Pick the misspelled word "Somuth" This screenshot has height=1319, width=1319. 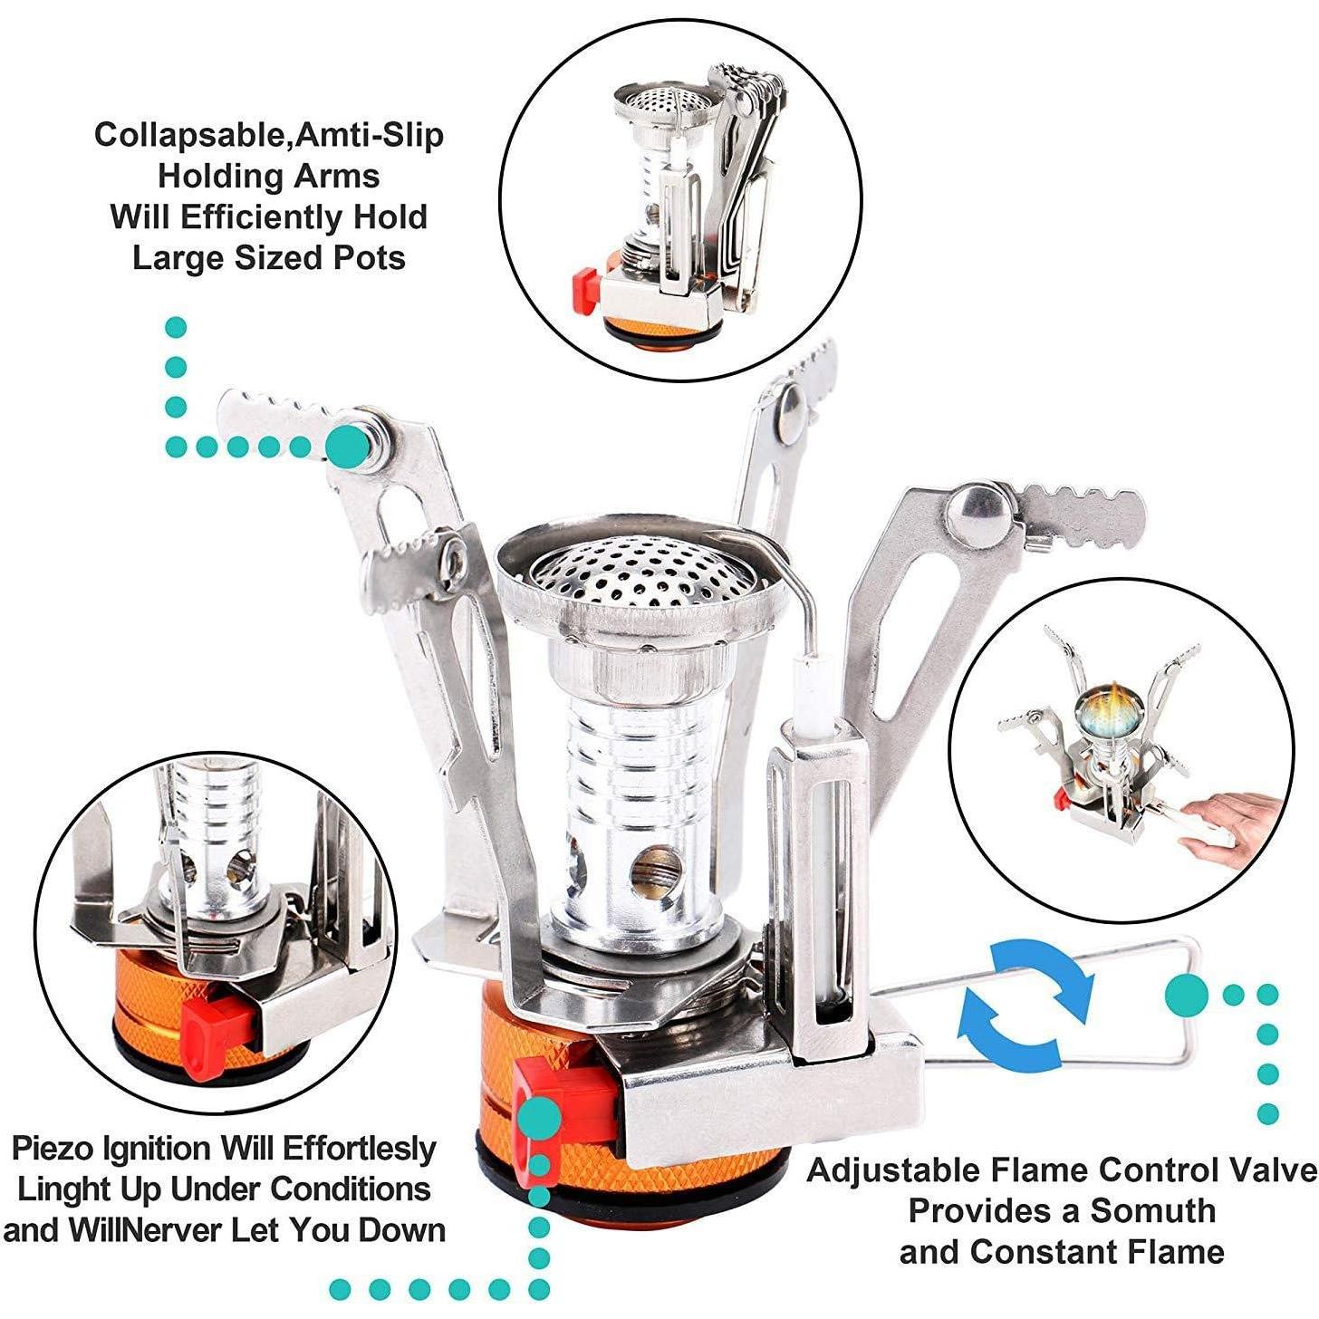1152,1210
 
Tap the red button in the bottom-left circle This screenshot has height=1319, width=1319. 217,1026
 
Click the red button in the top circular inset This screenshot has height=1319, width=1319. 582,290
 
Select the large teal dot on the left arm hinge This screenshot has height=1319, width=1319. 346,446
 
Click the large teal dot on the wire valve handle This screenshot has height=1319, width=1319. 1186,994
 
